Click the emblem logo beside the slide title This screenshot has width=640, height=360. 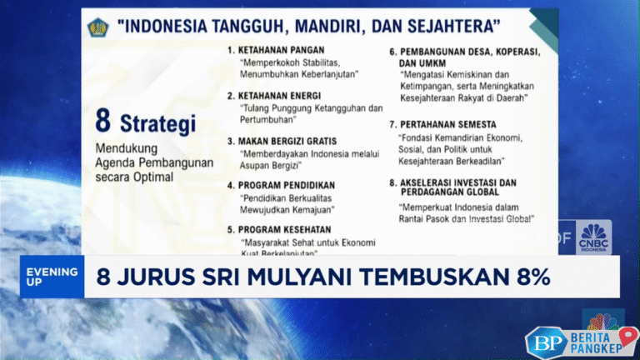coord(98,26)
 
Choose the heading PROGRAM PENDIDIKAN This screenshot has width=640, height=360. coord(287,184)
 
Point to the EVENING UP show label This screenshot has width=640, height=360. coord(52,277)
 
